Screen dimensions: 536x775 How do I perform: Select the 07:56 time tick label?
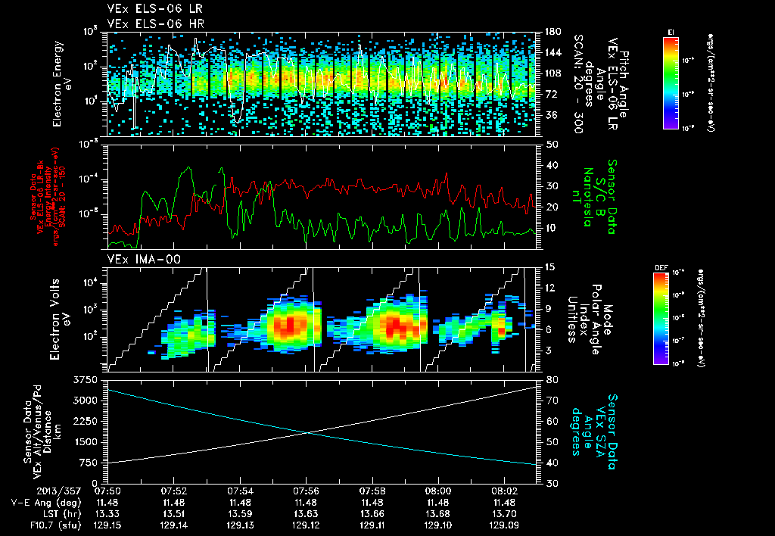pyautogui.click(x=306, y=491)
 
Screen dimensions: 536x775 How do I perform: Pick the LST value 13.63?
pyautogui.click(x=306, y=512)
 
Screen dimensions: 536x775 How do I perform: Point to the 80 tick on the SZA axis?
pyautogui.click(x=552, y=379)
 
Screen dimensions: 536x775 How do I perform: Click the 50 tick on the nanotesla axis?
pyautogui.click(x=552, y=144)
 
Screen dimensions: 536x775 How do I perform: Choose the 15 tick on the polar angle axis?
pyautogui.click(x=551, y=266)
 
